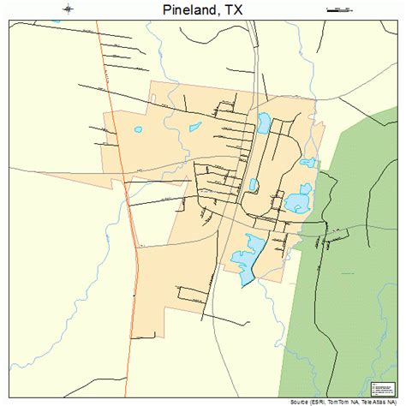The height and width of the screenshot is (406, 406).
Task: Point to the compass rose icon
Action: pyautogui.click(x=63, y=10)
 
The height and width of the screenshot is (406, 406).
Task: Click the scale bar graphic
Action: pyautogui.click(x=339, y=10)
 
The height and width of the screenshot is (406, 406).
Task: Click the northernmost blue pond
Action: pyautogui.click(x=264, y=125)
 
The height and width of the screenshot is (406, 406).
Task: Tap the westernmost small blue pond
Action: pyautogui.click(x=138, y=130)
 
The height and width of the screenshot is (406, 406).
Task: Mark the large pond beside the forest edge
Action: pyautogui.click(x=298, y=202)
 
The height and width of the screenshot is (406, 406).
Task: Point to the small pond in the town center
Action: pyautogui.click(x=254, y=184)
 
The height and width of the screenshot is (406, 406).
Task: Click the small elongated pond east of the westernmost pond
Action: pyautogui.click(x=195, y=127)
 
